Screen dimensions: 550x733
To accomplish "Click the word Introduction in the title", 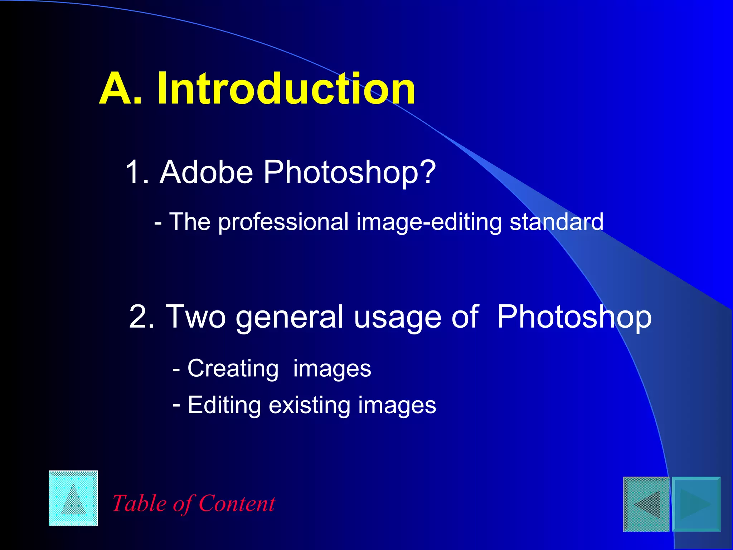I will tap(286, 88).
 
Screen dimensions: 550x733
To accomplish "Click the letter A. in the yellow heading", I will tap(120, 88).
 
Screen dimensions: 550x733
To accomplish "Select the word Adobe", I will tap(207, 172).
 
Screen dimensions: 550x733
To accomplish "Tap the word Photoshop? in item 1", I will tap(350, 173).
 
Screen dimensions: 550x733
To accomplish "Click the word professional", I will tap(283, 222).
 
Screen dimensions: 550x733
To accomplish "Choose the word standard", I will tap(556, 222).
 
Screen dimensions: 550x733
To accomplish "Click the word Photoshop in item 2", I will tap(574, 317).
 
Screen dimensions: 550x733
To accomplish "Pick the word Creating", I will tap(233, 368).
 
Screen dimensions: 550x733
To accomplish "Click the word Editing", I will tap(224, 405).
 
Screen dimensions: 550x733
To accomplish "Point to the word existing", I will tap(310, 405).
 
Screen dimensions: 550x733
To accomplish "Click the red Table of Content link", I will tap(194, 503).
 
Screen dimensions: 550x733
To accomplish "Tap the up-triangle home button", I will tap(73, 498).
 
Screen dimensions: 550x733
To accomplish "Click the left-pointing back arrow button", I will tap(646, 504).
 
